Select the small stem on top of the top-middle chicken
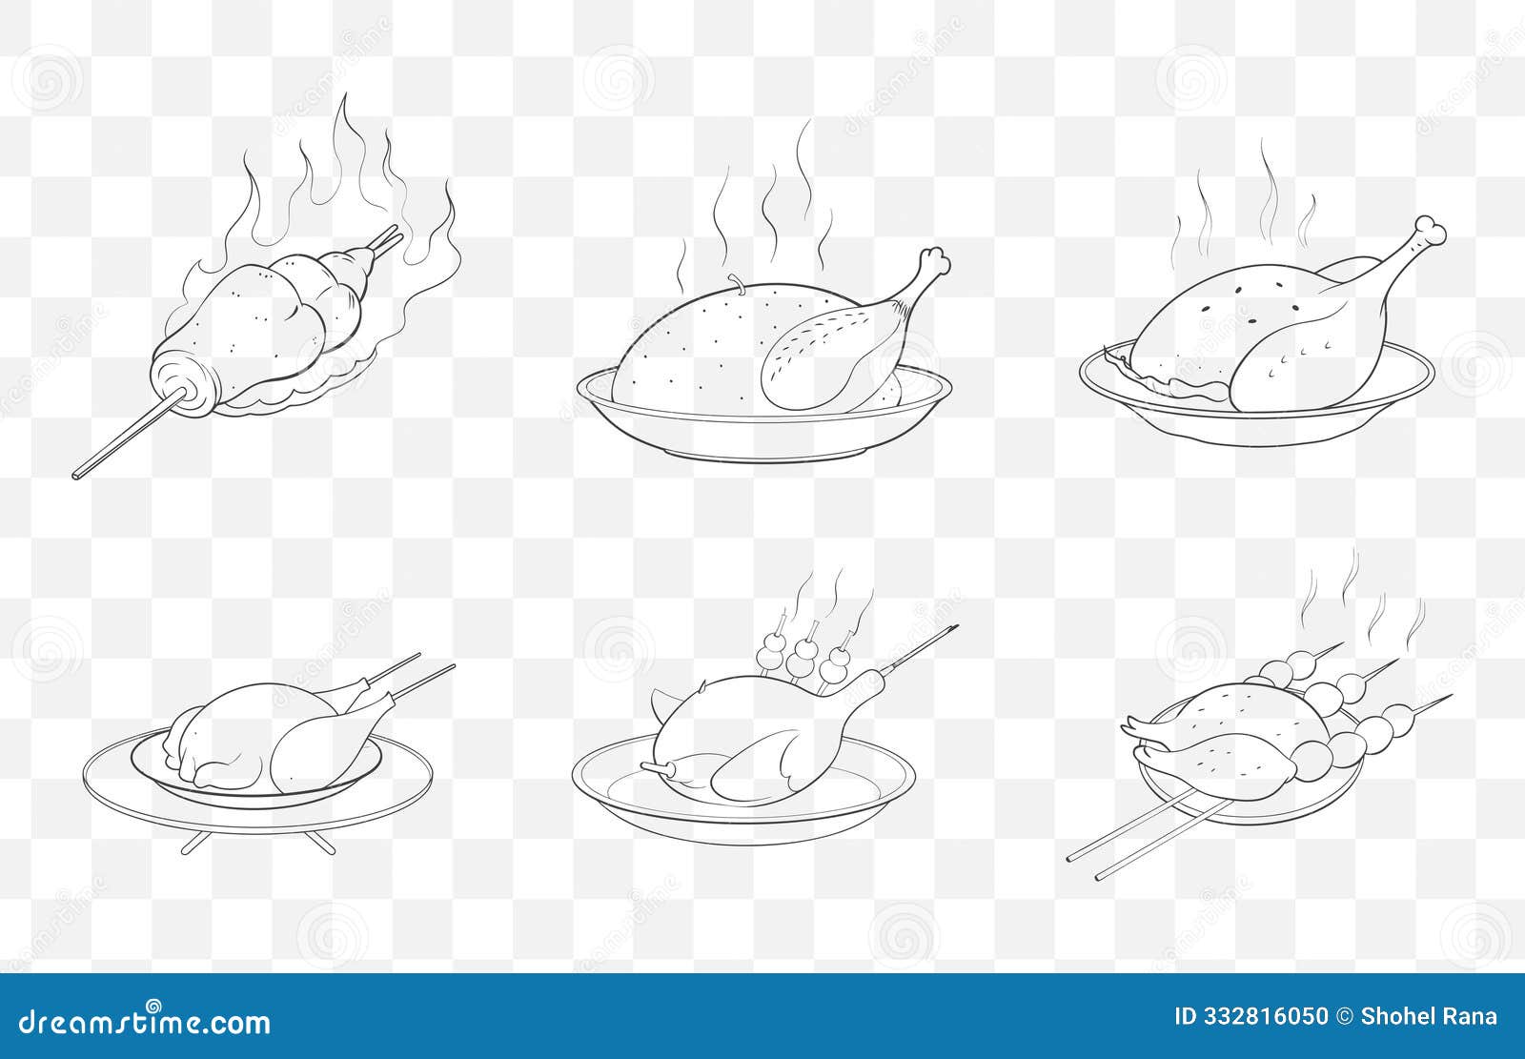pyautogui.click(x=735, y=278)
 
